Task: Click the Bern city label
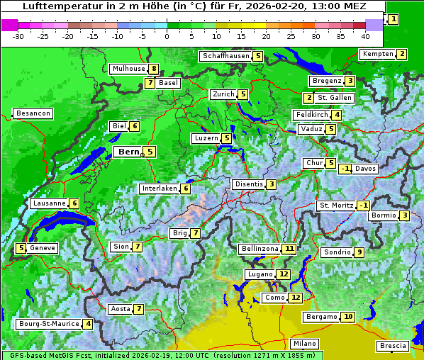point(128,152)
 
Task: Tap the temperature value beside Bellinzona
point(289,249)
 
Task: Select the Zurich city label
point(223,94)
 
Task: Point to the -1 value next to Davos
point(345,169)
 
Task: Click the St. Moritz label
point(335,206)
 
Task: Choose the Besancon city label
point(33,113)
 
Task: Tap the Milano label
point(305,343)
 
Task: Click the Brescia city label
point(393,346)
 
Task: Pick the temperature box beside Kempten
point(401,54)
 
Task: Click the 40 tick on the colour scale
point(365,35)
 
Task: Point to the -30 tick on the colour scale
point(18,35)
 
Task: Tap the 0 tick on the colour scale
point(167,35)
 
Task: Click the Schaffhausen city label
point(225,56)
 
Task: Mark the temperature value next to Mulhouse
point(153,69)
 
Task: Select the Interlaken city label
point(159,189)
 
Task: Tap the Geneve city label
point(43,248)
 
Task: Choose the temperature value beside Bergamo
point(347,317)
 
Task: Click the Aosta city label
point(121,309)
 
